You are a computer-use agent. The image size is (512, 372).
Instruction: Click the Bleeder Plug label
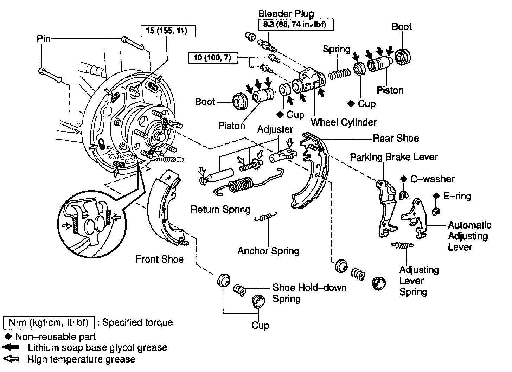(286, 14)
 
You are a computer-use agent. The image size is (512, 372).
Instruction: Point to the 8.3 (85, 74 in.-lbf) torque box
(296, 25)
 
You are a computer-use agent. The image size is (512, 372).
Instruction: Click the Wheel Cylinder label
(344, 122)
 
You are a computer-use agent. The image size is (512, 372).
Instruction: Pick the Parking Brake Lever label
(393, 157)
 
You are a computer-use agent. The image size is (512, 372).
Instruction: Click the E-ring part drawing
(436, 211)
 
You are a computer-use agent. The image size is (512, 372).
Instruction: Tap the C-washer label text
(432, 179)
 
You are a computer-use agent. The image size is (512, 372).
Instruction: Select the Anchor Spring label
(268, 251)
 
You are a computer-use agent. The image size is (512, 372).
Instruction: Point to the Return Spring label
(220, 210)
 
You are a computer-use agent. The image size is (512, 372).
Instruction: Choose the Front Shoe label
(160, 259)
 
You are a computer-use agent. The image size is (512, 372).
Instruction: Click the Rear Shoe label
(396, 138)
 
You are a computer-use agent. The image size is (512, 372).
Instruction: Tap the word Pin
(44, 38)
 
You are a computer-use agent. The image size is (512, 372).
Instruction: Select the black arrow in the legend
(11, 347)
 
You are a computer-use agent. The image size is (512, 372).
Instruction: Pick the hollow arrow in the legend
(11, 359)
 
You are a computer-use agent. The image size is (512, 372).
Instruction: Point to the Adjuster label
(275, 129)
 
